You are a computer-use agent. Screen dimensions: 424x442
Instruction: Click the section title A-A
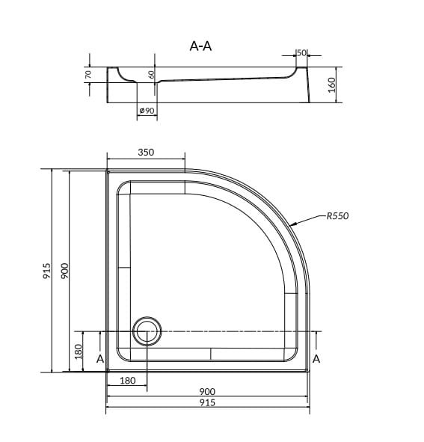[x=200, y=46]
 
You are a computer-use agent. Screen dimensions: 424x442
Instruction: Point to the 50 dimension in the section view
[x=301, y=52]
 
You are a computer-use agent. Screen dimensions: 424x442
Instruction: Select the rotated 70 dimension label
[x=88, y=75]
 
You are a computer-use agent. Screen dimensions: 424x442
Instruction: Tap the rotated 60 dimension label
[x=151, y=75]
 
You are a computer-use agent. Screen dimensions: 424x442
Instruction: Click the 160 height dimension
[x=332, y=85]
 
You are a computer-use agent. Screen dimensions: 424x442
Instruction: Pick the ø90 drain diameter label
[x=147, y=110]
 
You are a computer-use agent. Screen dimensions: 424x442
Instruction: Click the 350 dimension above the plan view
[x=146, y=153]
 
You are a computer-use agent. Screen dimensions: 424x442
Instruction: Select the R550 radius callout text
[x=338, y=216]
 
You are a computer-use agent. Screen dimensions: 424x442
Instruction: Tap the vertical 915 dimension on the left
[x=47, y=271]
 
